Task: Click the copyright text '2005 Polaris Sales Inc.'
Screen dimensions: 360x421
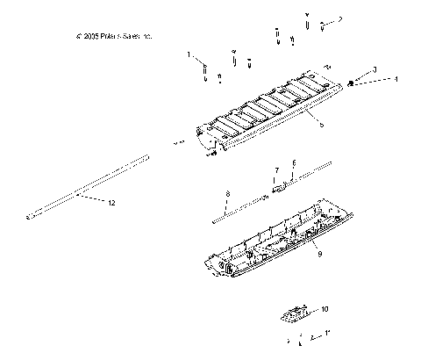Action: [x=115, y=37]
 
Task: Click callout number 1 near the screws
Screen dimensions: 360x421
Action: [x=188, y=54]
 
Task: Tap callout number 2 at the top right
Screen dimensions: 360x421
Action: [x=340, y=18]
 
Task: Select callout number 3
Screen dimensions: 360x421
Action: [x=375, y=68]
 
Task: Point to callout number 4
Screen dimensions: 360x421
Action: [x=395, y=79]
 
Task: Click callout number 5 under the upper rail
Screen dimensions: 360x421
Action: [x=321, y=126]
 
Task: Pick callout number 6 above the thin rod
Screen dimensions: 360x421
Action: [x=294, y=164]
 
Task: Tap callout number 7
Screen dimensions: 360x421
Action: [x=276, y=169]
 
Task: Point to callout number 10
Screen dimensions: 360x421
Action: [x=325, y=309]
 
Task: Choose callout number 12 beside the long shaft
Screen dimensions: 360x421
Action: [x=111, y=204]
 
